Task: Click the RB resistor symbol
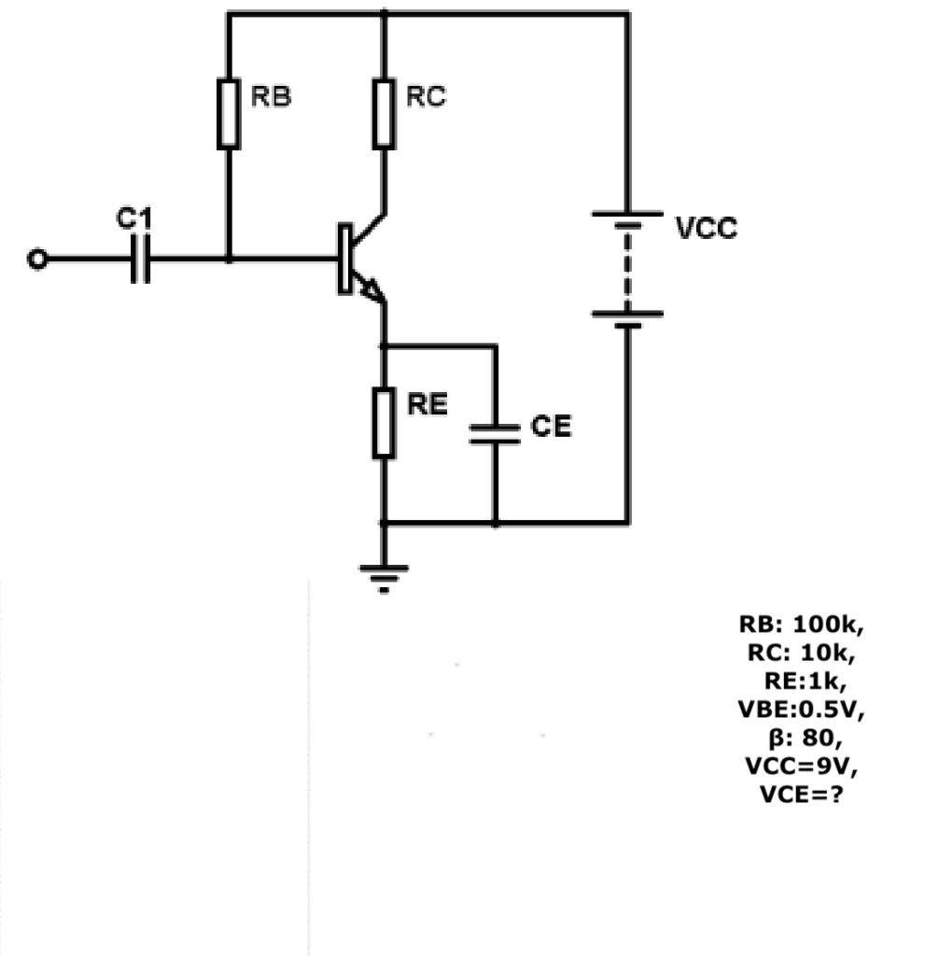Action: (x=228, y=114)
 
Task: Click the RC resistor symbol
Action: (x=384, y=114)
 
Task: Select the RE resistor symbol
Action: (x=384, y=424)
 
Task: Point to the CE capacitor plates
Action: (x=495, y=432)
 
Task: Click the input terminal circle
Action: (x=36, y=260)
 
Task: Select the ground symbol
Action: (x=384, y=579)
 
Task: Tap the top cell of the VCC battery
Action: (x=626, y=219)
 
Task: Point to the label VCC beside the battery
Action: (x=706, y=229)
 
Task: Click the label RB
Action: (x=271, y=96)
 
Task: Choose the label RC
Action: (x=426, y=96)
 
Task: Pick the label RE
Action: (x=427, y=404)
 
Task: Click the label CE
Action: (x=551, y=427)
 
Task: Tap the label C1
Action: (x=133, y=219)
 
